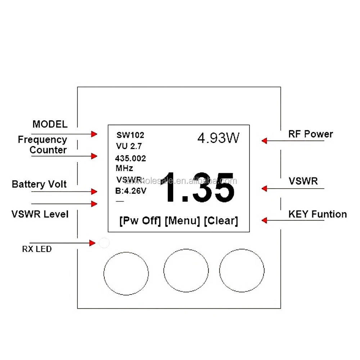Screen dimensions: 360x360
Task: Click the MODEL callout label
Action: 50,125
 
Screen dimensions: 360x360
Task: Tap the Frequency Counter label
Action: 43,145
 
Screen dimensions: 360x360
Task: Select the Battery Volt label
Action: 39,184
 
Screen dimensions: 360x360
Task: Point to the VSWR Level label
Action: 40,214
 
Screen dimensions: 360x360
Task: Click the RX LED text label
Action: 37,249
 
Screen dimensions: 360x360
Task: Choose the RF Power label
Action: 311,134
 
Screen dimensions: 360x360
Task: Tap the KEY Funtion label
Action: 318,214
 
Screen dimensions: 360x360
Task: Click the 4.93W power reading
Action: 218,138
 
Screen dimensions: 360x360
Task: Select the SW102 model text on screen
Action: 130,135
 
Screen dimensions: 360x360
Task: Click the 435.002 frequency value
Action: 130,158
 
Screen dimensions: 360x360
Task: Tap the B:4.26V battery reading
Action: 131,191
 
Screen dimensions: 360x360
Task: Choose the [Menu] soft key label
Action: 182,221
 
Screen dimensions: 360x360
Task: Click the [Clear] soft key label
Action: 221,221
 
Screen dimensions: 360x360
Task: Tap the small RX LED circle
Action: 104,243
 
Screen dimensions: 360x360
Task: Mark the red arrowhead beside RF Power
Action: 264,141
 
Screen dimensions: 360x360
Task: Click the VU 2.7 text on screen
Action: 129,146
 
